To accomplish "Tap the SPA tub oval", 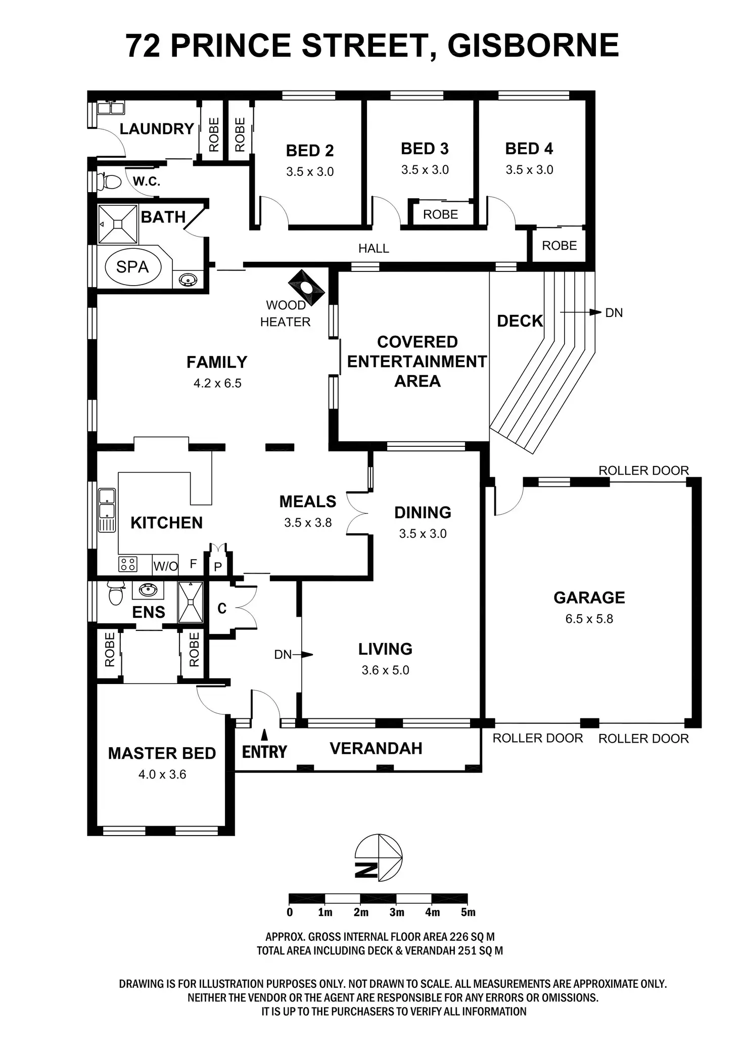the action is pos(132,266).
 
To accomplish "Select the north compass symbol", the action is pos(379,857).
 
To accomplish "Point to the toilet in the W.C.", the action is pos(111,181).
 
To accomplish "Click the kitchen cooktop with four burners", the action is pos(128,564).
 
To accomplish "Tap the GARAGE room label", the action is pos(589,598).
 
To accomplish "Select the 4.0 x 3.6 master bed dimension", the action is pos(162,774).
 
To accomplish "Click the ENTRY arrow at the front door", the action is pos(264,735).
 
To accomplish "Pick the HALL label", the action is pos(374,248).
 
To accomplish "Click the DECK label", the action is pos(520,321).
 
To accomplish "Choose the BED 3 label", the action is pos(425,149).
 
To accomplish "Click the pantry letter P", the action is pos(218,567).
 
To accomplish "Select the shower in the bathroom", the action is pos(118,224).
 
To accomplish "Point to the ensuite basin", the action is pos(148,589).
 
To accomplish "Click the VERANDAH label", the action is pos(376,749).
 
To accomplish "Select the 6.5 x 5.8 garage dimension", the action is pos(589,619).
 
